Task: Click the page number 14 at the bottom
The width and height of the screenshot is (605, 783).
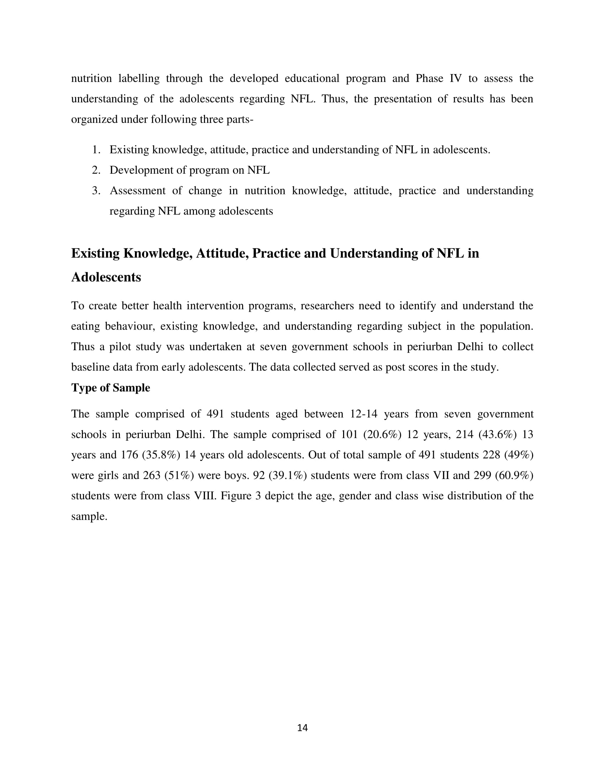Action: coord(302,727)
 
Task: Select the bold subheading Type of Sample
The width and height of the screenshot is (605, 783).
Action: coord(110,388)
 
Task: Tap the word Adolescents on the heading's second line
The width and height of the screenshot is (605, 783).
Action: coord(106,277)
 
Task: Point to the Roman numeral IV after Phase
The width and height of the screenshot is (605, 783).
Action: coord(456,78)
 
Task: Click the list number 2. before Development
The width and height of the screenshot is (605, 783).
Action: coord(96,170)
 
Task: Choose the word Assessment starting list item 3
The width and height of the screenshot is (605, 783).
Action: coord(138,190)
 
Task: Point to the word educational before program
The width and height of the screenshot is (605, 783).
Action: coord(312,78)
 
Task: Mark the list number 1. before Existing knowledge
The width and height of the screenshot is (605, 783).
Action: coord(96,149)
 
